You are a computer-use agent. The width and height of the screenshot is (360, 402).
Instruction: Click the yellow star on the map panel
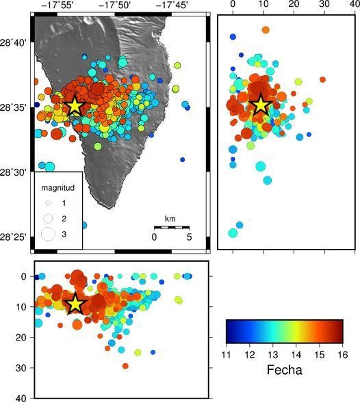pos(74,106)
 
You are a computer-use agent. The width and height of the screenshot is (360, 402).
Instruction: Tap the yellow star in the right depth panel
pos(260,105)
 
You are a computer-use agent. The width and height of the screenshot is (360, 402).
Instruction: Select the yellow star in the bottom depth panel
pos(75,304)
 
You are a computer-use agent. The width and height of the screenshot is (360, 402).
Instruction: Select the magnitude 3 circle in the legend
pos(48,234)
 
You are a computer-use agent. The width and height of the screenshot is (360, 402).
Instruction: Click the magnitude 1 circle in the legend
pos(48,203)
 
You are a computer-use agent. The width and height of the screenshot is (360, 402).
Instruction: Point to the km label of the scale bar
pos(170,219)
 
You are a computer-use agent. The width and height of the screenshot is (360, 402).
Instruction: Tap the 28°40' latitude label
pos(16,42)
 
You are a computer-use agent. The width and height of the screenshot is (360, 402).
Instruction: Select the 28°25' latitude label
pos(16,237)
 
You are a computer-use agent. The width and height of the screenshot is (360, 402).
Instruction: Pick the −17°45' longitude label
pos(172,5)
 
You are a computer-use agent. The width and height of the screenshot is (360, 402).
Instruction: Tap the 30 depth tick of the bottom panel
pos(21,367)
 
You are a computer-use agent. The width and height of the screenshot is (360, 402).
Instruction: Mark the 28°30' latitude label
pos(16,172)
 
